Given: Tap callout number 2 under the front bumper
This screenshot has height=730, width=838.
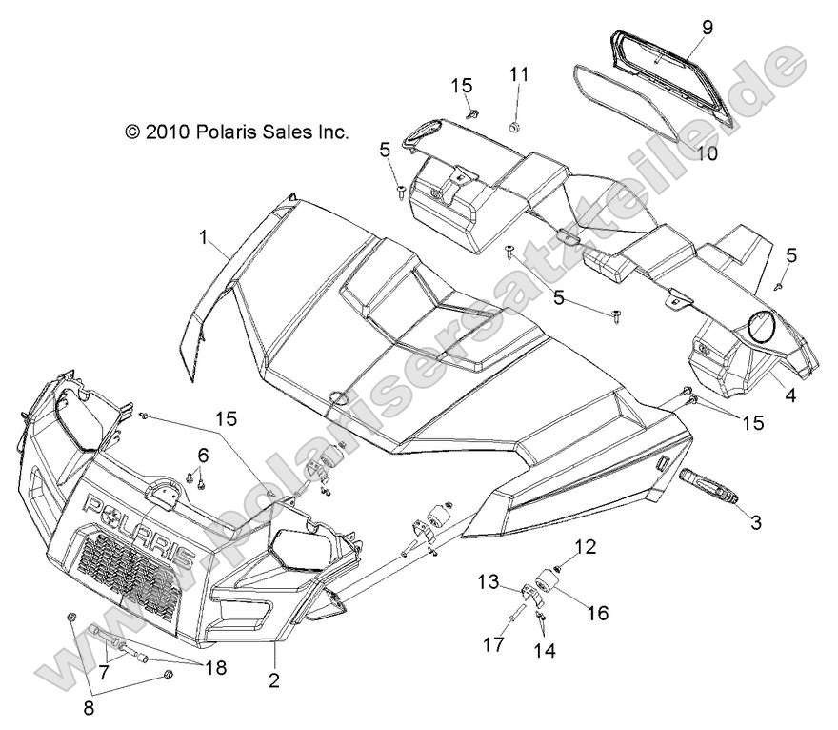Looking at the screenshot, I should pos(274,679).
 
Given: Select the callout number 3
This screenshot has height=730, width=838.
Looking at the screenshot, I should pos(755,522).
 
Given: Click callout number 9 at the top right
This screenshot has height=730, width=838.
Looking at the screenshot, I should pos(707,28).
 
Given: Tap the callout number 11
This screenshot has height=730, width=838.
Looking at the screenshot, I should pos(518,74).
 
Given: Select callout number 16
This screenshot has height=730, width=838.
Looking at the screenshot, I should pos(597,613).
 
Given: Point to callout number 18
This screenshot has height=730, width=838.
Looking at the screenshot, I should pos(216,667).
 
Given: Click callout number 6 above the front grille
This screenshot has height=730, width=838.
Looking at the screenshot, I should pos(203,453).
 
